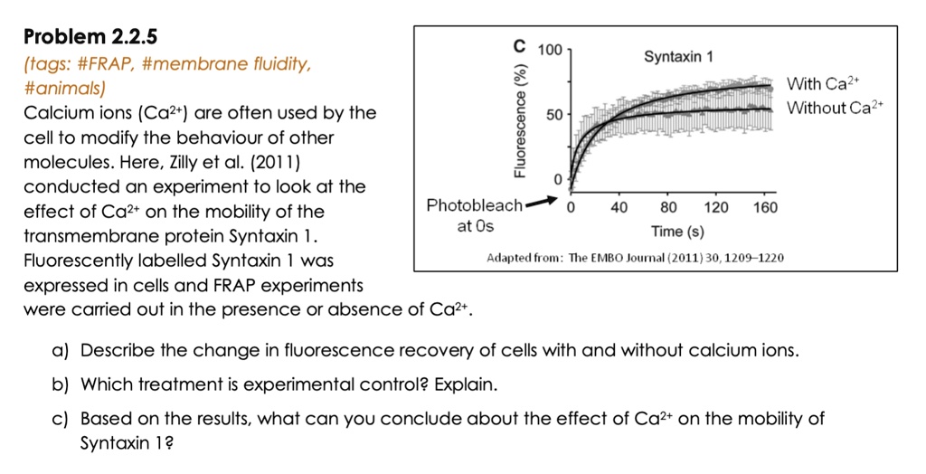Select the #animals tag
click(x=63, y=89)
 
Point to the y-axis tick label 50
click(x=554, y=117)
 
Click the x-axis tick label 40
click(x=619, y=207)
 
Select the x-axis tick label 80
click(x=668, y=207)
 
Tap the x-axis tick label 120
click(x=716, y=207)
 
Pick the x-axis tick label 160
click(x=765, y=207)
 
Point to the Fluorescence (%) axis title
click(x=520, y=121)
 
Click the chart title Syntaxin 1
click(x=678, y=57)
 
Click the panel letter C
click(x=518, y=44)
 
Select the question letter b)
click(x=63, y=384)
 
